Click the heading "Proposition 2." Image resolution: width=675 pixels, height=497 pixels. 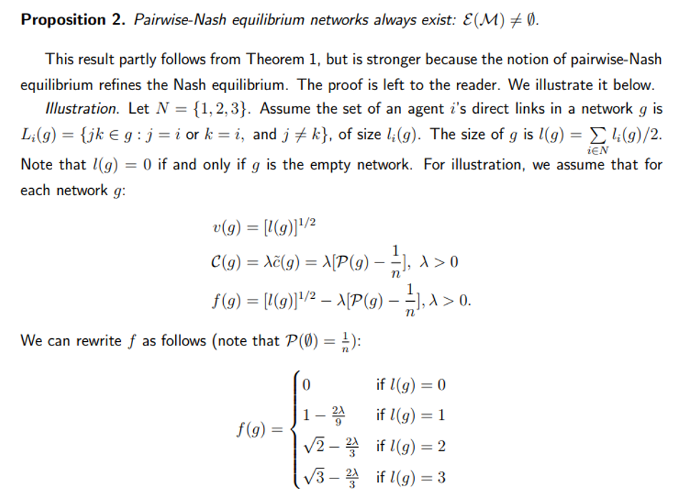(73, 20)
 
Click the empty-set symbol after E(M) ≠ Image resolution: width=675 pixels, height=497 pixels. (532, 20)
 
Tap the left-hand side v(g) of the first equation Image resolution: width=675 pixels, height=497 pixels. (227, 227)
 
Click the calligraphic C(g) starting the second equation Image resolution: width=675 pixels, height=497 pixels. (225, 262)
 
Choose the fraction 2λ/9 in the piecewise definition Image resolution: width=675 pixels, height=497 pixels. (338, 415)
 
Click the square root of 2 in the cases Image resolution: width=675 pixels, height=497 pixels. (314, 446)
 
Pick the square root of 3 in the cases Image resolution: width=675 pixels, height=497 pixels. (314, 477)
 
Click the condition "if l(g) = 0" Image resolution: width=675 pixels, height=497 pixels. (410, 385)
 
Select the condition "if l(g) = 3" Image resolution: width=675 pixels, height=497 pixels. (410, 477)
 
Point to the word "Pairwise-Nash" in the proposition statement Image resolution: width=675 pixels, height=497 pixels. (179, 20)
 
